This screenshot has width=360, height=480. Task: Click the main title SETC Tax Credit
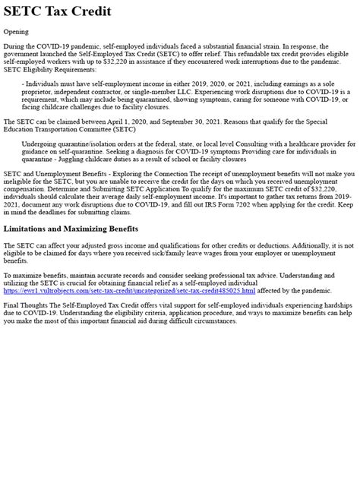57,11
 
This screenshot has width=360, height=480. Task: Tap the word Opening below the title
17,31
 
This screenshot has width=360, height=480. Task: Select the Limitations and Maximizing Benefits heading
71,229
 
